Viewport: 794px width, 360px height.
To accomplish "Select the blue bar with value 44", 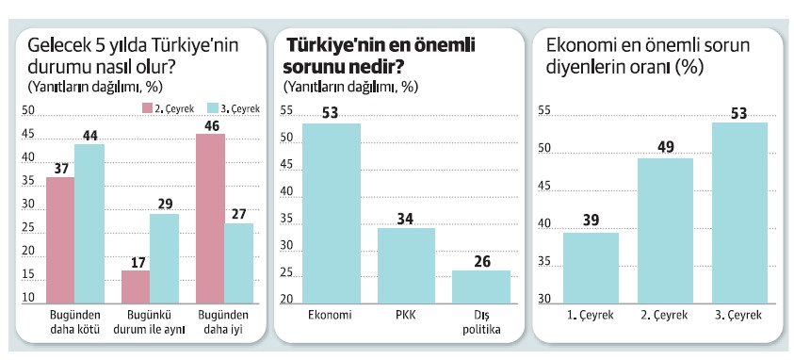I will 89,222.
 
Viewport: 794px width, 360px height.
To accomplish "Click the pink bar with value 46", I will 210,217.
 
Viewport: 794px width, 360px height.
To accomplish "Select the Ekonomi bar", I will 331,211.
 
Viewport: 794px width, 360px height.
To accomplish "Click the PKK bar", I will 406,264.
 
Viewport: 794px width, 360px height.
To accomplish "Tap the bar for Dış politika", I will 480,285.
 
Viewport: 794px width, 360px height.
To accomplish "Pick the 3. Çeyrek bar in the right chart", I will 739,211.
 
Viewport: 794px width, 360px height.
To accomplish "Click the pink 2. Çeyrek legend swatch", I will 147,107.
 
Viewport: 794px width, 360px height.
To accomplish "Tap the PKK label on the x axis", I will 406,314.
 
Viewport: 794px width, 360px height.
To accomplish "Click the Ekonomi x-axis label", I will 330,314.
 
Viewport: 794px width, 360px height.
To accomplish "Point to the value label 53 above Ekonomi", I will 330,114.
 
